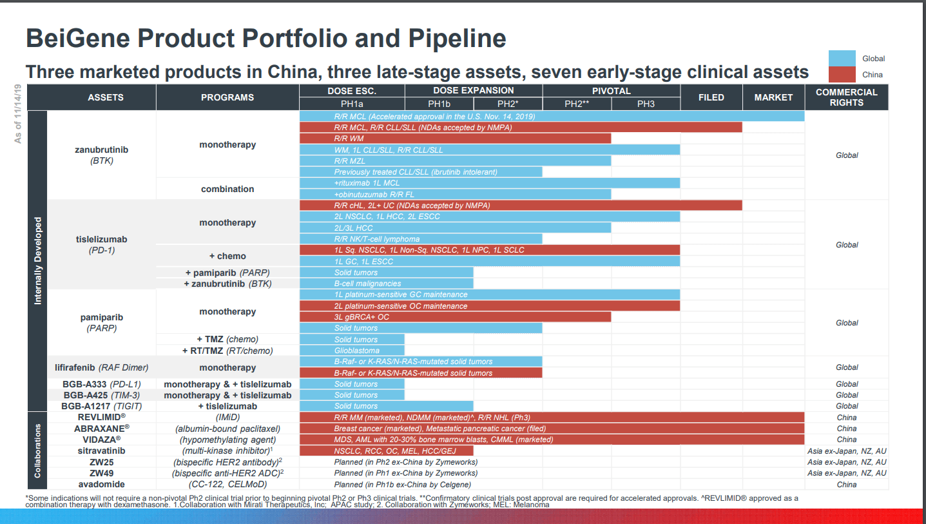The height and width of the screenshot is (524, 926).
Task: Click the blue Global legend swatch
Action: tap(842, 59)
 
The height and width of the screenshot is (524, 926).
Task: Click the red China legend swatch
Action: tap(842, 74)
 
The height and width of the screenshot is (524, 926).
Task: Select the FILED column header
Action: tap(711, 97)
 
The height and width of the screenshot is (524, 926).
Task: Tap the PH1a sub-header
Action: tap(352, 104)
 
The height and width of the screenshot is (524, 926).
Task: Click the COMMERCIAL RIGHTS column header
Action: tap(846, 97)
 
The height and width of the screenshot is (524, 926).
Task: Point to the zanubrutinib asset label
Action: tap(101, 150)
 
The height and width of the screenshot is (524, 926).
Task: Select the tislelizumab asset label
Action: tap(101, 239)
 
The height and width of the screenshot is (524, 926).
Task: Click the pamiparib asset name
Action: tap(101, 317)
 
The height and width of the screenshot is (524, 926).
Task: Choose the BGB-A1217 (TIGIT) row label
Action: tap(101, 406)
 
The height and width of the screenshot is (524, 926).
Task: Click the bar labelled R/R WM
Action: tap(455, 139)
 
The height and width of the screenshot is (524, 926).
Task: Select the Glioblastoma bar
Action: tap(352, 351)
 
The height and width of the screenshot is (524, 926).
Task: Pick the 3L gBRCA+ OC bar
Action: tap(455, 317)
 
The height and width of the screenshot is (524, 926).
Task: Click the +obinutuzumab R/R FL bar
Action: tap(455, 194)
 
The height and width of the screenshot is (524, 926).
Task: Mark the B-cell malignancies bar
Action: tap(386, 284)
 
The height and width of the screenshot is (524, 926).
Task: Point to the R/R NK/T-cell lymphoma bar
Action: tap(421, 239)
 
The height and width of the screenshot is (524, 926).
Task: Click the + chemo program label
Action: tap(227, 256)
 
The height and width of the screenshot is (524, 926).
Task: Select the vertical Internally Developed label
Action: tap(38, 261)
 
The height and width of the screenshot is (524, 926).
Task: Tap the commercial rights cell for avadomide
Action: tap(846, 484)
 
